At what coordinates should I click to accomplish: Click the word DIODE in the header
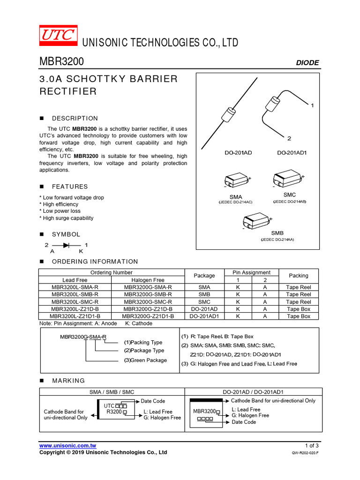point(307,63)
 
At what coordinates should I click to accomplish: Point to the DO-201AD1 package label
point(292,153)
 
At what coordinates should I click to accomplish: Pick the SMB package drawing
point(256,222)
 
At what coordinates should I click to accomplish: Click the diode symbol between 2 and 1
point(66,245)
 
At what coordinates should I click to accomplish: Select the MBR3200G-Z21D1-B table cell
point(148,316)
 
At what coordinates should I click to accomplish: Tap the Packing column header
point(299,276)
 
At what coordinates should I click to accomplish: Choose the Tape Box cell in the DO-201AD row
point(299,309)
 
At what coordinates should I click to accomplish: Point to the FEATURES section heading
point(69,187)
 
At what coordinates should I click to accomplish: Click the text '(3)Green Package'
point(145,360)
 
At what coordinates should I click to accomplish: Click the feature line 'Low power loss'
point(61,211)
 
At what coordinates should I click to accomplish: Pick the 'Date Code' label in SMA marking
point(153,401)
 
